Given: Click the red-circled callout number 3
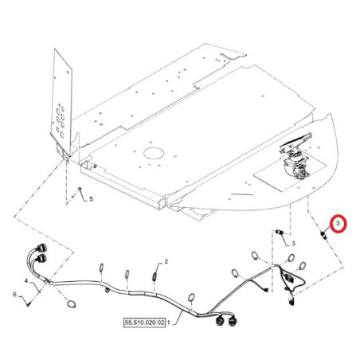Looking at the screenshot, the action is click(338, 223).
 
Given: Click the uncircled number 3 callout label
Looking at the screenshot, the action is click(293, 244).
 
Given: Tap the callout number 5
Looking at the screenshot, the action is click(91, 199).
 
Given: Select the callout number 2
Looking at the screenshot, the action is click(166, 261).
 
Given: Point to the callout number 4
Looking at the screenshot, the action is click(26, 280).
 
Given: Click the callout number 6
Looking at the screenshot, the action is click(14, 294).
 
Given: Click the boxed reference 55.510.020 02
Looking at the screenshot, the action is click(145, 323).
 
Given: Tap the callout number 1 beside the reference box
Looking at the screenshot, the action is click(168, 323).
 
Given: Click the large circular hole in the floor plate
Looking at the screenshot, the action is click(154, 153).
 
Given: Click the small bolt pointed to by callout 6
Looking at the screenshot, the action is click(28, 304).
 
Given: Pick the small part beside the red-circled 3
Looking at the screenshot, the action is click(323, 235).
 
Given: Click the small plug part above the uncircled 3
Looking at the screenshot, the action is click(279, 232).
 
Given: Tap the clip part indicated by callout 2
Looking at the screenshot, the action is click(155, 276).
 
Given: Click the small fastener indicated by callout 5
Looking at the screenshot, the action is click(80, 189).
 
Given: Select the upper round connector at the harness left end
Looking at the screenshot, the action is click(41, 247).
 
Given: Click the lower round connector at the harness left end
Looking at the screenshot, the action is click(41, 257).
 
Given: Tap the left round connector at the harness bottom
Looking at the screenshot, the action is click(220, 321).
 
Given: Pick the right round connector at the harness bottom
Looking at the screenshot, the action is click(232, 321).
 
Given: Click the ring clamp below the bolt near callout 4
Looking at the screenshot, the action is click(71, 304).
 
